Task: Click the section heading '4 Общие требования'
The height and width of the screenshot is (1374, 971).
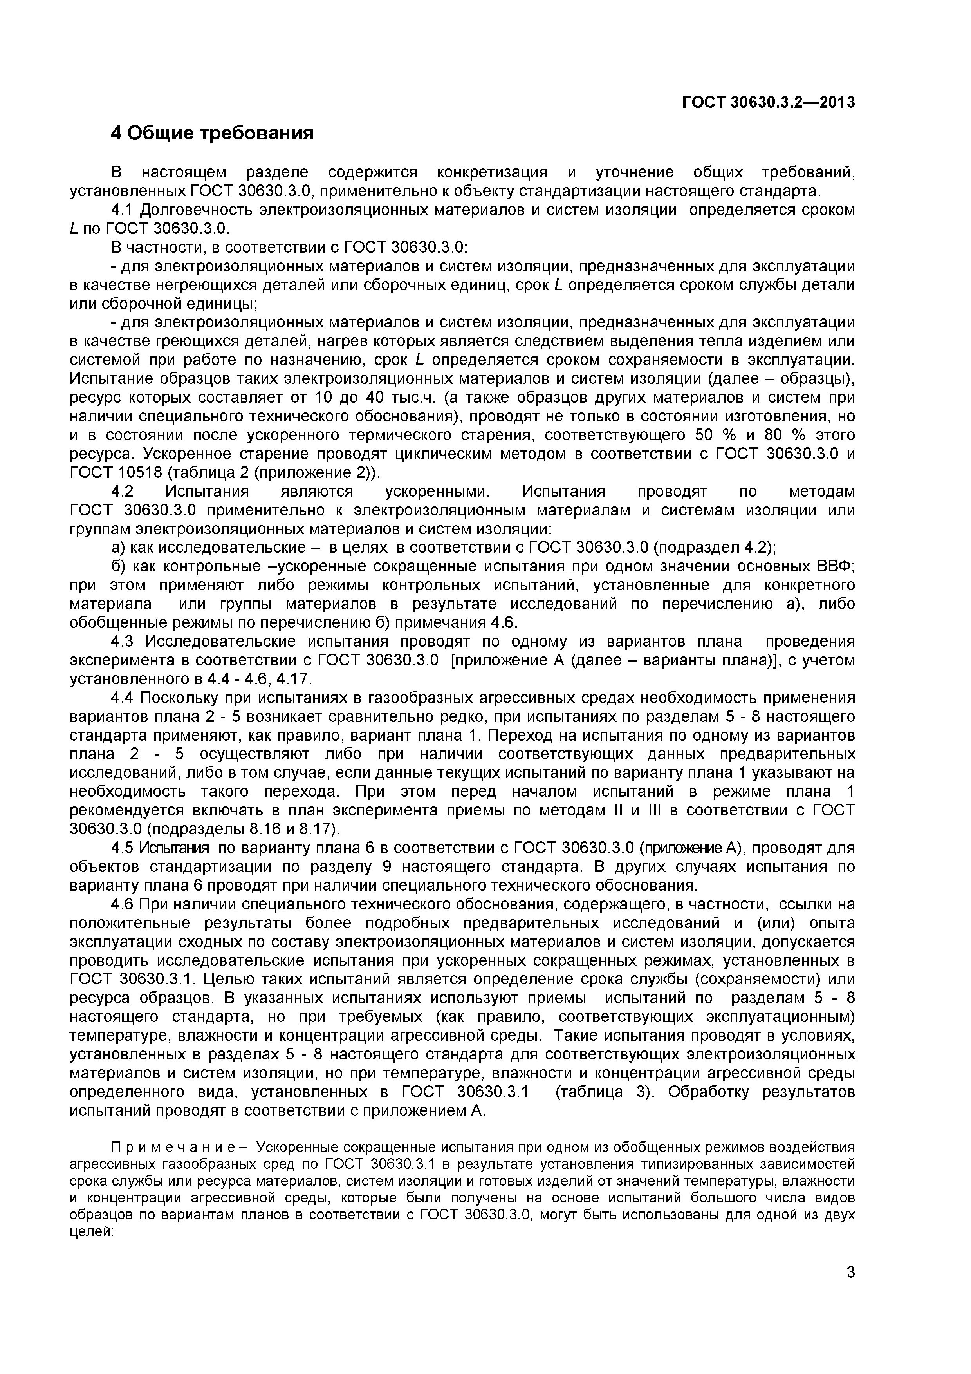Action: click(x=212, y=133)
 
